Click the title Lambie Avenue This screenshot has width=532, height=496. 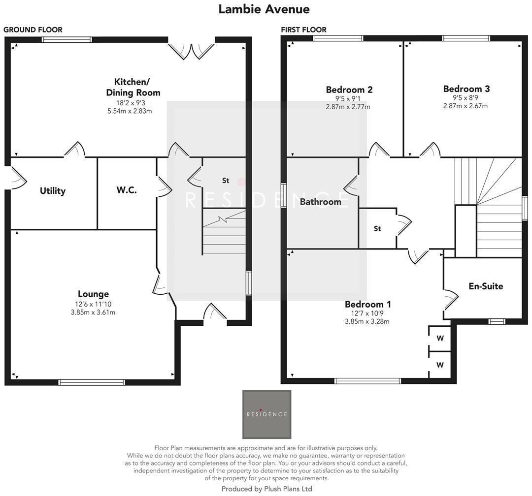[264, 9]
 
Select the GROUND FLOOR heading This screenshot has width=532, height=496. [33, 30]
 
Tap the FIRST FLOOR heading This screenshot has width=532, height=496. [303, 30]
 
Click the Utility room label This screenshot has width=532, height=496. [53, 191]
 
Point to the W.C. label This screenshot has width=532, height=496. [127, 190]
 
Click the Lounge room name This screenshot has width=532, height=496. [93, 294]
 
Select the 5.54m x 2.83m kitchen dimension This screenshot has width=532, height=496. [130, 111]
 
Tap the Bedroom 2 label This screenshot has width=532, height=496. [349, 90]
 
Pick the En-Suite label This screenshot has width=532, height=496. [486, 286]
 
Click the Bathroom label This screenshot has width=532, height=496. [320, 202]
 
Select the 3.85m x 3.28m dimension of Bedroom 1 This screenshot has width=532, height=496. [367, 322]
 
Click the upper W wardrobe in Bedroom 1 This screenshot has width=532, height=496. [440, 339]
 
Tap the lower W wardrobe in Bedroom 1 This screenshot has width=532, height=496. [440, 365]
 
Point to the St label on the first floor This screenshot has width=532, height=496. [377, 228]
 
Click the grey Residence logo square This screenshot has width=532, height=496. [266, 414]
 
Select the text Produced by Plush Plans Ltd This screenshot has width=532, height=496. [266, 489]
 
